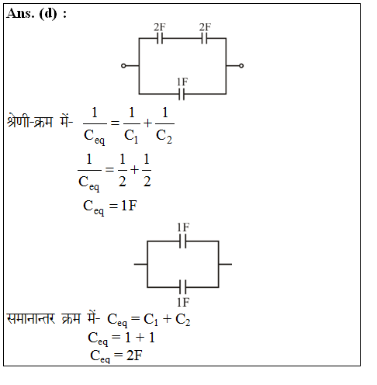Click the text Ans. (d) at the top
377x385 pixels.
pos(32,13)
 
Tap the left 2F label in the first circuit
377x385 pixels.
pos(160,27)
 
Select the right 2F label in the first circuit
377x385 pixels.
pos(205,27)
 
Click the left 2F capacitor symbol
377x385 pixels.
pos(160,39)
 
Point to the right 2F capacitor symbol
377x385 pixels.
pos(204,39)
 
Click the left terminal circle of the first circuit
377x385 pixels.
pos(123,66)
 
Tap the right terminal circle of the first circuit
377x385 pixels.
pos(241,66)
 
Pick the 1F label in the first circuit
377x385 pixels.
pos(182,82)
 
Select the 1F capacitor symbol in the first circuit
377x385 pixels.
pos(182,94)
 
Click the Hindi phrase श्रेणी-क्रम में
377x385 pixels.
pos(40,121)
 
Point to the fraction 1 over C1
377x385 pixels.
pos(132,125)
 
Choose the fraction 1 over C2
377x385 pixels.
pos(164,125)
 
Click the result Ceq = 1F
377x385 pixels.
pos(110,207)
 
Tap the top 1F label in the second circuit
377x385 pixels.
pos(183,227)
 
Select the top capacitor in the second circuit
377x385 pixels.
pos(182,241)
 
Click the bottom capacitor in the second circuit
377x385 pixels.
pos(182,287)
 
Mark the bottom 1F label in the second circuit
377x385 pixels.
pos(183,302)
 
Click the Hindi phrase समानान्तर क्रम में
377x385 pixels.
pos(53,318)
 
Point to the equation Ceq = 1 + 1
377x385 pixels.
pos(121,338)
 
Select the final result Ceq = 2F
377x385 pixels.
pos(116,356)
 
